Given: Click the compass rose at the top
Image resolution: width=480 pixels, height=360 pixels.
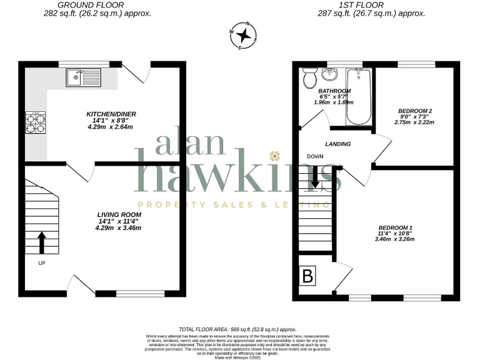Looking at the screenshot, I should [x=244, y=36].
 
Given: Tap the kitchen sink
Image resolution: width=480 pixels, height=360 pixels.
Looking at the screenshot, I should [x=84, y=77].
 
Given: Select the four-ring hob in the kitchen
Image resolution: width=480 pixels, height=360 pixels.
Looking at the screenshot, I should [x=35, y=123].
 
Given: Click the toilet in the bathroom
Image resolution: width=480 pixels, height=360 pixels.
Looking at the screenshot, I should [x=308, y=79].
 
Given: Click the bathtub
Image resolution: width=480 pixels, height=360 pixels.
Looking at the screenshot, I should [x=359, y=97].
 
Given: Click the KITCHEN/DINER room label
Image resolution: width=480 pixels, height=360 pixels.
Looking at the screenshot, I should [x=111, y=114].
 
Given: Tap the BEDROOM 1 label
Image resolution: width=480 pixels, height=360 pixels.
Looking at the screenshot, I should [x=395, y=227].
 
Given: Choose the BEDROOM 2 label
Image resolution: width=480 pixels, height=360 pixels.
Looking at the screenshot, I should [x=415, y=111].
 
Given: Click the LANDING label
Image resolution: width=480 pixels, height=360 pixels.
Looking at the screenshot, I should [x=337, y=144].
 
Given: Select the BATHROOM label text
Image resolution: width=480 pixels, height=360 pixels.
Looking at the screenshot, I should [x=335, y=91].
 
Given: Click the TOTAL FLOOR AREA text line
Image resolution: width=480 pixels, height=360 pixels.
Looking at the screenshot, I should [x=237, y=329].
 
